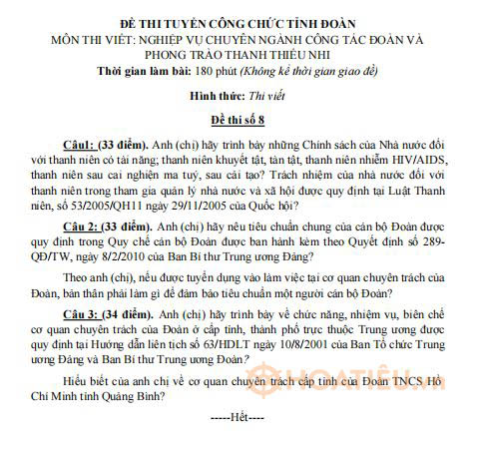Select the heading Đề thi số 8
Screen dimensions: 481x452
click(x=239, y=119)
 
